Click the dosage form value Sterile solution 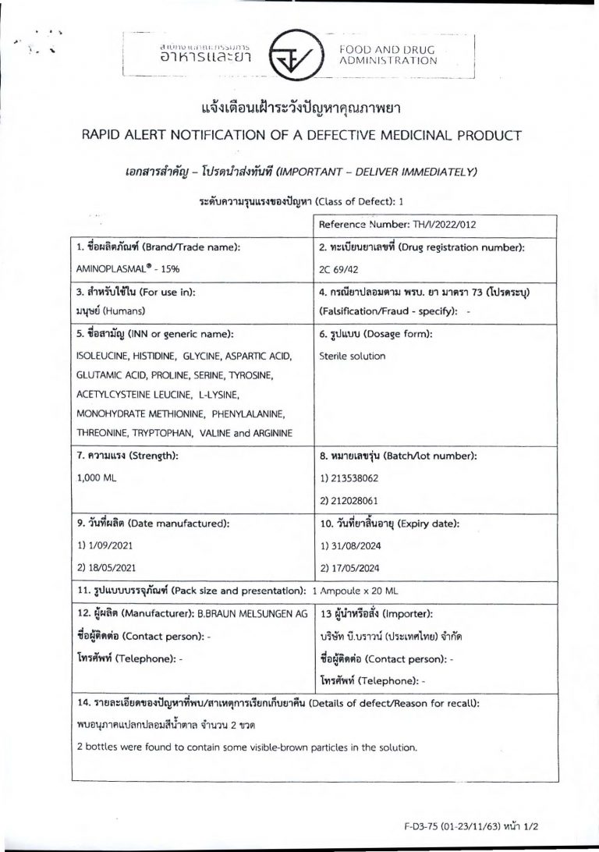pyautogui.click(x=353, y=357)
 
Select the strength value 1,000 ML pyautogui.click(x=97, y=475)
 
